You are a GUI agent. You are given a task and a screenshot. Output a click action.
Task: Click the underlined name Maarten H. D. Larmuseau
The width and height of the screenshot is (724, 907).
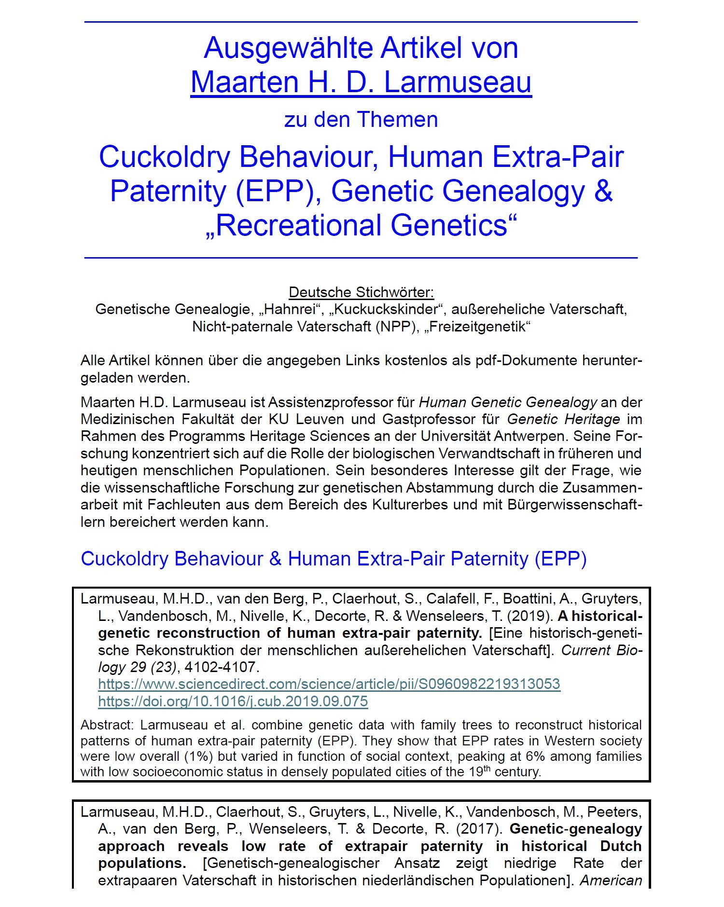coord(361,82)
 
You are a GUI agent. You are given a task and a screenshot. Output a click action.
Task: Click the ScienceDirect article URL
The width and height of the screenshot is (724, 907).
coord(329,684)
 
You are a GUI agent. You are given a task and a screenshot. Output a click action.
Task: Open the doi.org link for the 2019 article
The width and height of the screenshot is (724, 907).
coord(233,701)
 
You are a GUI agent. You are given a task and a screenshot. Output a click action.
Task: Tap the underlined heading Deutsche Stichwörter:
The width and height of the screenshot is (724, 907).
coord(361,292)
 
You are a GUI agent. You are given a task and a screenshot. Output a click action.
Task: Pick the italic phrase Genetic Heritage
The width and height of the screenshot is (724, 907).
coord(563,419)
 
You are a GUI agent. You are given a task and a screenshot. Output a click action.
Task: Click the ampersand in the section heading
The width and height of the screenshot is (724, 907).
coord(275,559)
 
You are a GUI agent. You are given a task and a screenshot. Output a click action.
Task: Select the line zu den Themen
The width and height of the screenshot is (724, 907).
coord(361,120)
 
